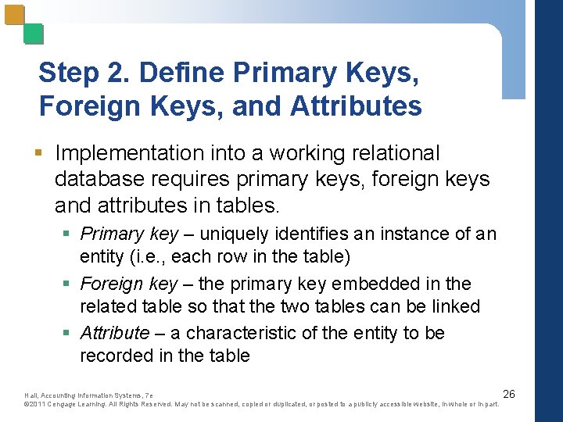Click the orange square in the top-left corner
coord(14,15)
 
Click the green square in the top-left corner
coord(33,34)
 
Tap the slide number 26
coord(508,393)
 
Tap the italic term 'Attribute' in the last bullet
coord(114,334)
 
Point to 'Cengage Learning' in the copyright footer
coord(77,404)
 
